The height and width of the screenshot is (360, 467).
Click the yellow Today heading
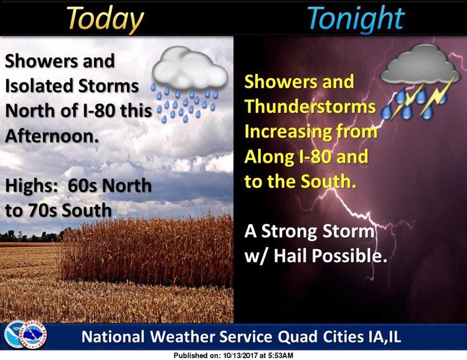(x=105, y=19)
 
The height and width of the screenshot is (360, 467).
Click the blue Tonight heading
(x=356, y=19)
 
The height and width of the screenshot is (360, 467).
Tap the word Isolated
(x=39, y=86)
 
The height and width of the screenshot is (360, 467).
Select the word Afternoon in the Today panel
(x=52, y=136)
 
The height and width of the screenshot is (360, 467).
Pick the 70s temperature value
(x=43, y=211)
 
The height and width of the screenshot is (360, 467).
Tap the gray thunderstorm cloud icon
(x=420, y=81)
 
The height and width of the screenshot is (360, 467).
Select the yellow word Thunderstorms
(x=310, y=107)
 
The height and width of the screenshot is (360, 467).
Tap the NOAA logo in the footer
(x=15, y=334)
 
